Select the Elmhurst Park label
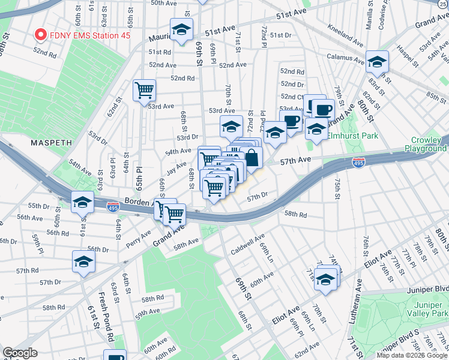point(352,136)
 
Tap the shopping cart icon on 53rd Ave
point(144,91)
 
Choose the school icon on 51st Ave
point(181,29)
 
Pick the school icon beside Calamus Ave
point(378,62)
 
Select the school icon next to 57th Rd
point(83,261)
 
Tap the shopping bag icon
point(252,158)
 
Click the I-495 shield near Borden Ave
point(113,208)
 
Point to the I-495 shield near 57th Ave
point(358,163)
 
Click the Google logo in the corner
point(20,353)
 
